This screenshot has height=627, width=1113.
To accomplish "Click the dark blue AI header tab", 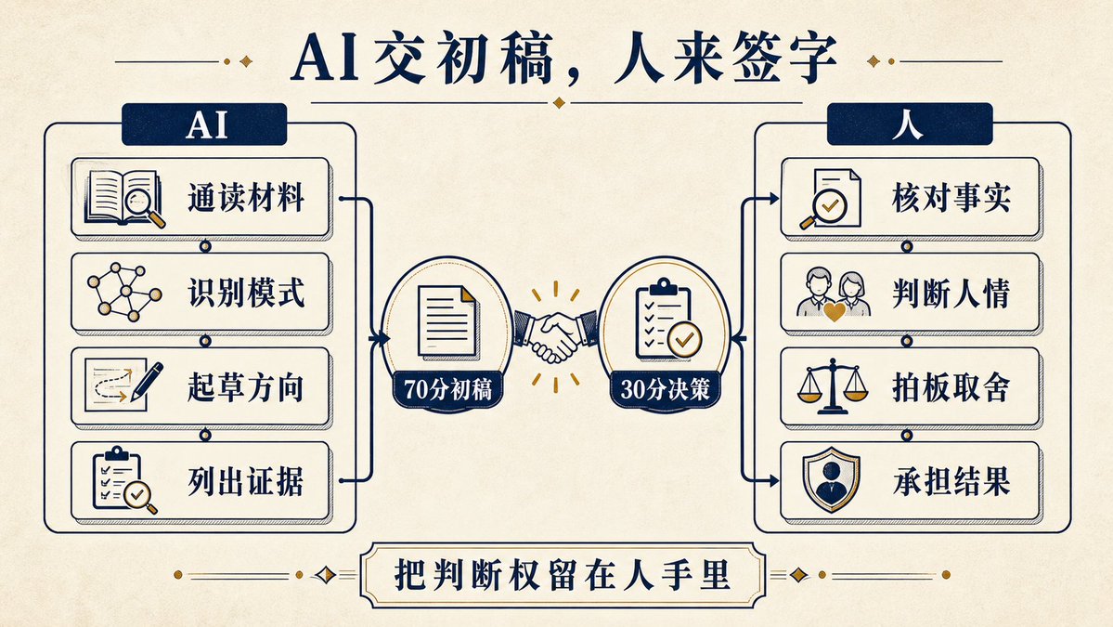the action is coord(204,124).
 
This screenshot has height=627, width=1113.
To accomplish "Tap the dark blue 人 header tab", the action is coord(910,124).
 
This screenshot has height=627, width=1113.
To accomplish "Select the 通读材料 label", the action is coord(246,198).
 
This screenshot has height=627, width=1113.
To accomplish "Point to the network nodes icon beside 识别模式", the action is coord(124,291).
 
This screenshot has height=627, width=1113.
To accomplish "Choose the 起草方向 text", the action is coord(246,387).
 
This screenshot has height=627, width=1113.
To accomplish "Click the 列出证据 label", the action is coord(246,481).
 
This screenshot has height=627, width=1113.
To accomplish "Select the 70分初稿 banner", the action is coord(448,390).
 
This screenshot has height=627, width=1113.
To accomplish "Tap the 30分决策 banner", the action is coord(665,390).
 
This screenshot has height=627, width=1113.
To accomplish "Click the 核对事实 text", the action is coord(951,198).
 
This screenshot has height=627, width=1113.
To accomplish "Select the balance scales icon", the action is coord(833,386).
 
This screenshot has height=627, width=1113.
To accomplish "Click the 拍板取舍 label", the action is coord(951,387).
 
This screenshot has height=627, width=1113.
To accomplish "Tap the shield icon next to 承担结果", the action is coord(831,479).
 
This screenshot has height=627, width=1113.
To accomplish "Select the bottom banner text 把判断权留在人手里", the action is coord(563,574).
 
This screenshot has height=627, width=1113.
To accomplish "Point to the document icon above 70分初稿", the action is coord(447,321).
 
